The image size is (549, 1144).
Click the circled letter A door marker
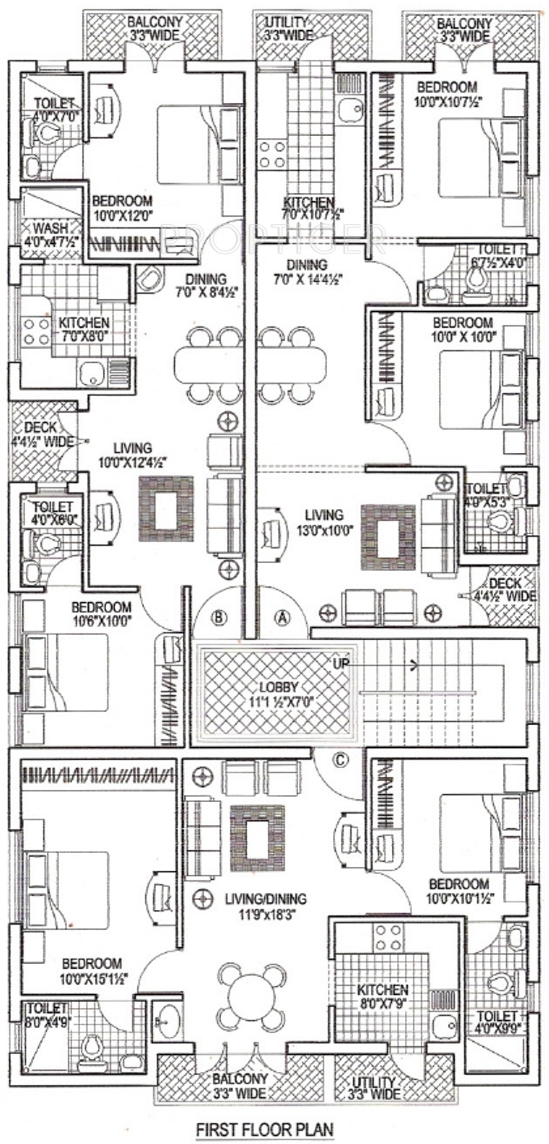282,616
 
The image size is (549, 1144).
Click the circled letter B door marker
220,616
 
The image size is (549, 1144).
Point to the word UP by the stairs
341,662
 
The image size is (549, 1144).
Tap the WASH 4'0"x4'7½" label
42,236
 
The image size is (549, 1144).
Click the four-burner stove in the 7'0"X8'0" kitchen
33,331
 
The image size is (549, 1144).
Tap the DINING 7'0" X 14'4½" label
306,271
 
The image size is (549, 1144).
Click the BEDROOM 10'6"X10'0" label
101,613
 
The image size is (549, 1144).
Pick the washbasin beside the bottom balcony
169,1021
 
